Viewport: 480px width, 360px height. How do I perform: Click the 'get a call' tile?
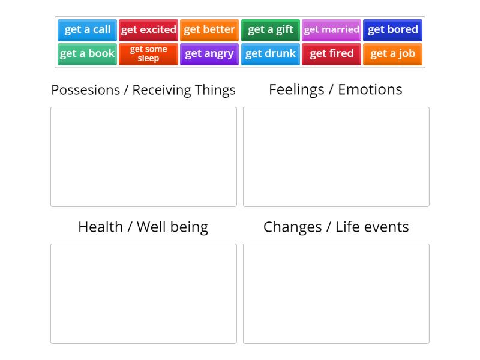point(88,30)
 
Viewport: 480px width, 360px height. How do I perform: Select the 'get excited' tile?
point(149,30)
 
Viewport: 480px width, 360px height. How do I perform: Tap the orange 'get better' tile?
point(209,30)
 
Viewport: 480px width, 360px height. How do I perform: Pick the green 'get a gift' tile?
point(271,30)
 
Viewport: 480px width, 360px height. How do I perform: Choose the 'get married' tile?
point(332,30)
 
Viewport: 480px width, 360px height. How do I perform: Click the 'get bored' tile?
point(393,30)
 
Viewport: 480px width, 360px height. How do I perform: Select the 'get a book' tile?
point(88,54)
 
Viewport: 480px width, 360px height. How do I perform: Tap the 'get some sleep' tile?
point(149,54)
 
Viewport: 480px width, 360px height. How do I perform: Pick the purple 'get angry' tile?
point(209,54)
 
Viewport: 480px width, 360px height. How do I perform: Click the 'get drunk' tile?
point(271,54)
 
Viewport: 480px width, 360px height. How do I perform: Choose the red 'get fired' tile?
point(332,54)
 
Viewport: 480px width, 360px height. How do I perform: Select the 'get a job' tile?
point(393,54)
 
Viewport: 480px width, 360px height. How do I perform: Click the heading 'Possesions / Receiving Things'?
point(143,90)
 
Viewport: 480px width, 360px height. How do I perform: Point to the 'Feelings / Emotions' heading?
point(335,89)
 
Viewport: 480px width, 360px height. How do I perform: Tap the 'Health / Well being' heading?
point(143,227)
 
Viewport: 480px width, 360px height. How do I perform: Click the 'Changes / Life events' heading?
point(336,227)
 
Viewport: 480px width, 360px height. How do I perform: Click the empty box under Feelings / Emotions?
point(336,157)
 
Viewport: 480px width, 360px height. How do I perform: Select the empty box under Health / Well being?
point(143,293)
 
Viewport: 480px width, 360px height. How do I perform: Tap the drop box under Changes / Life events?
point(336,293)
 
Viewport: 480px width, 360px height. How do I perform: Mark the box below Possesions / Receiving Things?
point(143,157)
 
